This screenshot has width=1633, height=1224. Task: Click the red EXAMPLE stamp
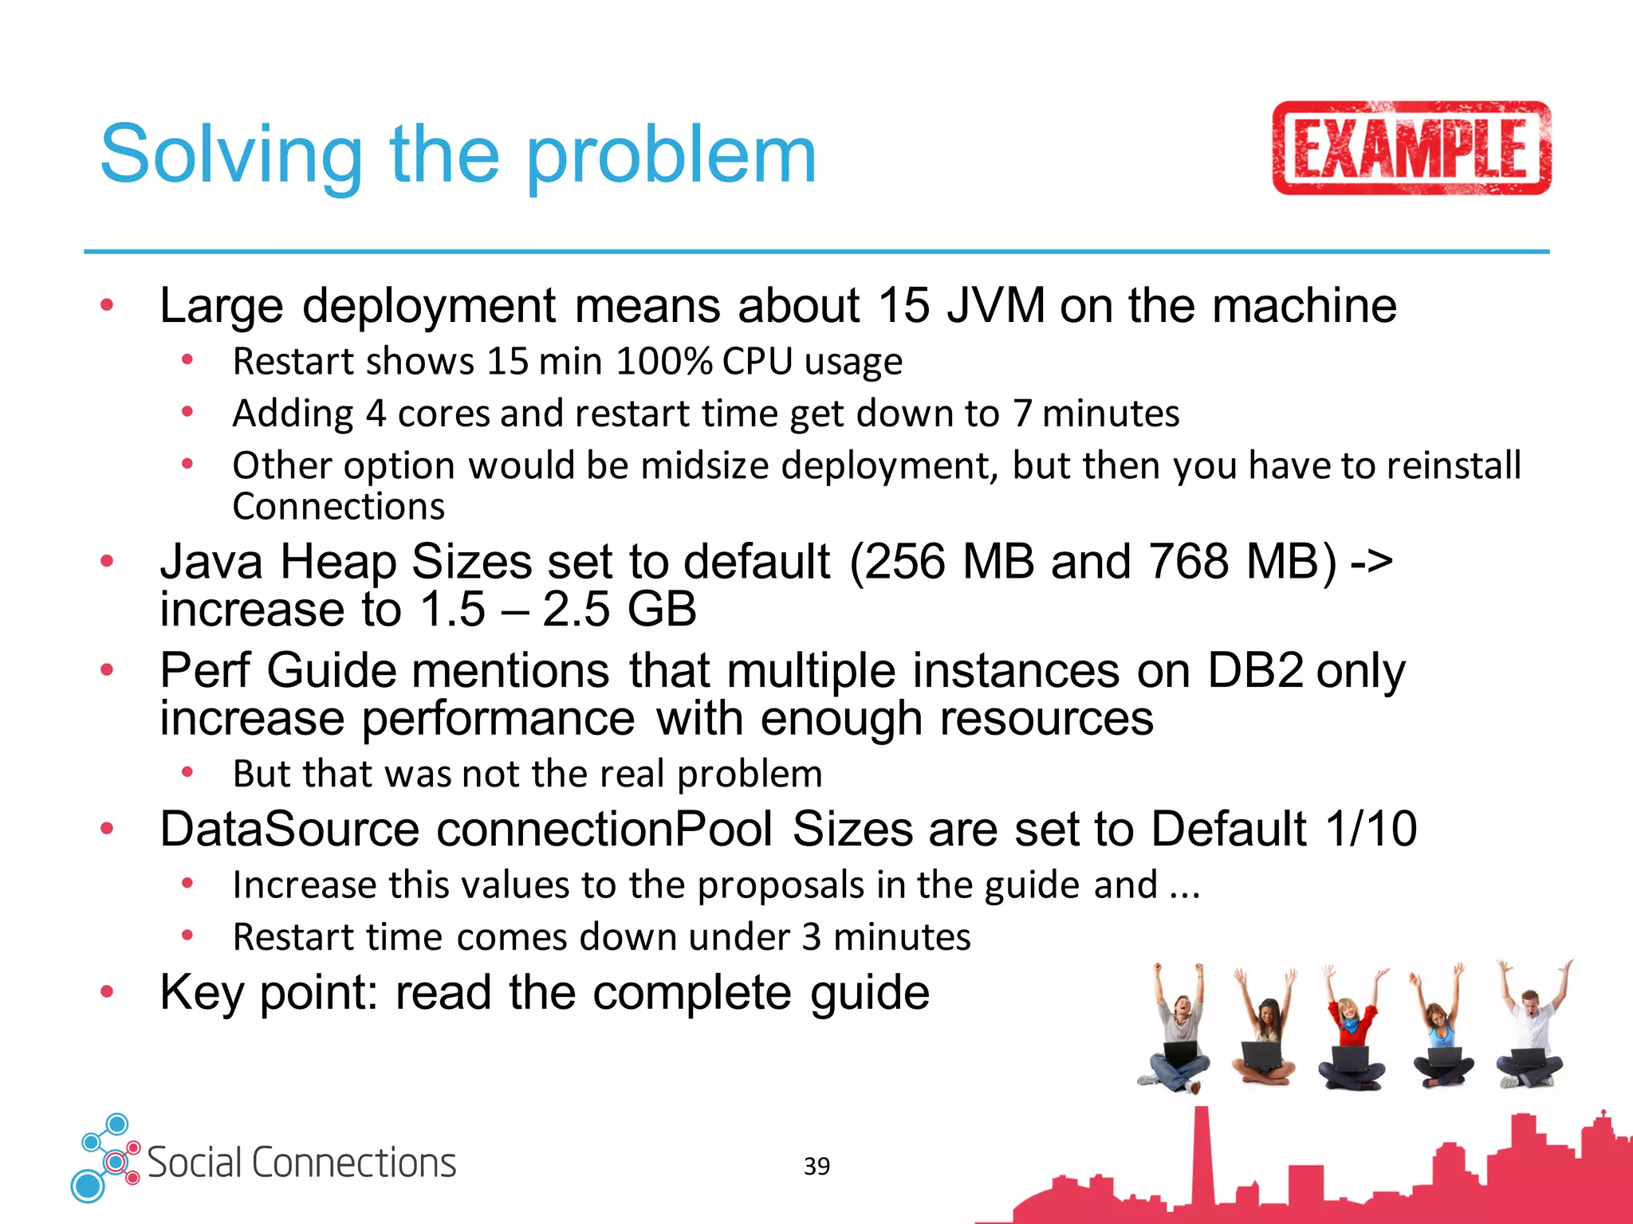coord(1411,148)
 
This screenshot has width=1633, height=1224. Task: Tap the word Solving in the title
coord(231,155)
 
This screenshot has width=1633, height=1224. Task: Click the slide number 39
coord(816,1166)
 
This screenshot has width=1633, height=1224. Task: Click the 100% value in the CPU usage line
coord(664,362)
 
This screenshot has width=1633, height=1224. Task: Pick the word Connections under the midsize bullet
coord(338,507)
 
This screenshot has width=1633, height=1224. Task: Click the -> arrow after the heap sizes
coord(1371,561)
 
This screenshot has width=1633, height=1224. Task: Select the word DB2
coord(1255,670)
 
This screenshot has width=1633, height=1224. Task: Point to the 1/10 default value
coord(1371,829)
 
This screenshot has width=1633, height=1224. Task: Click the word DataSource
coord(289,829)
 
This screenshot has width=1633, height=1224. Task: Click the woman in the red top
coord(1351,1028)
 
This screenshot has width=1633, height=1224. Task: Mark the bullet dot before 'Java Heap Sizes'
coord(107,562)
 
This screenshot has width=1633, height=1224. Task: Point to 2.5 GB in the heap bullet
coord(619,610)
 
